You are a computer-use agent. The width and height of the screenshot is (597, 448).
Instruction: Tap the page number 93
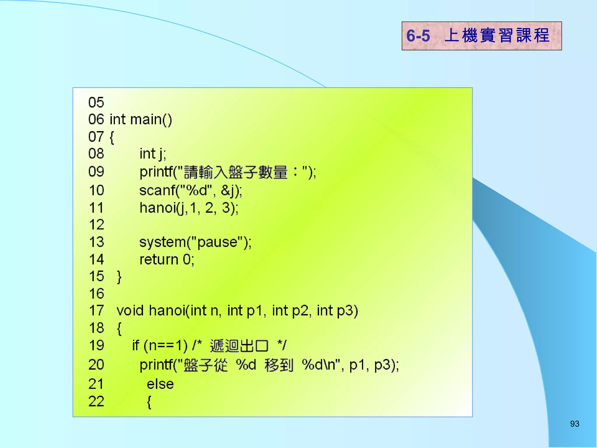[574, 424]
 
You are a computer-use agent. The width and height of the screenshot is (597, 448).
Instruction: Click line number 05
[96, 103]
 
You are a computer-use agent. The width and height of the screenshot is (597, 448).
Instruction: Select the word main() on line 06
[151, 120]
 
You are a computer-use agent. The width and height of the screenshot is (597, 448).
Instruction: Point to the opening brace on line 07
[112, 137]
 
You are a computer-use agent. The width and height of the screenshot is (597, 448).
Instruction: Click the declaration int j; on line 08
[152, 154]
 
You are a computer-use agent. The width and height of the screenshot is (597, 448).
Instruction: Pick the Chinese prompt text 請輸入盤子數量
[236, 172]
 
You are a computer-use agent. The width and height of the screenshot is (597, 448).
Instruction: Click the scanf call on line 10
[190, 190]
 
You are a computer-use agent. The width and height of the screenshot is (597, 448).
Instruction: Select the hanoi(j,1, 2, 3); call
[189, 208]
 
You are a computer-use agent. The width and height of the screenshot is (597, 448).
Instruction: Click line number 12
[96, 225]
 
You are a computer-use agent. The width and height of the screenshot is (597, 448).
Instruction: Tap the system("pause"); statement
[195, 242]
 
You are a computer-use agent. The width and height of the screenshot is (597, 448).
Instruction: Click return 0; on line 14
[167, 260]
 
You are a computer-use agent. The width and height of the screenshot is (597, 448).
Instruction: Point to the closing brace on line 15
[119, 277]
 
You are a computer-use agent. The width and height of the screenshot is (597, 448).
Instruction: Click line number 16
[96, 294]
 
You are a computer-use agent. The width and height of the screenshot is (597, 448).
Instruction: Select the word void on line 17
[130, 311]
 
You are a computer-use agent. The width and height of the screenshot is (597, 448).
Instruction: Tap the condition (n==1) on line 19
[166, 346]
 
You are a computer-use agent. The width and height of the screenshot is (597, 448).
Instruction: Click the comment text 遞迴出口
[239, 346]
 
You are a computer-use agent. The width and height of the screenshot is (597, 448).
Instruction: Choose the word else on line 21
[160, 384]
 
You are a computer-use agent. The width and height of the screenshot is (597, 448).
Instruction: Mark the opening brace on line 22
[149, 402]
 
